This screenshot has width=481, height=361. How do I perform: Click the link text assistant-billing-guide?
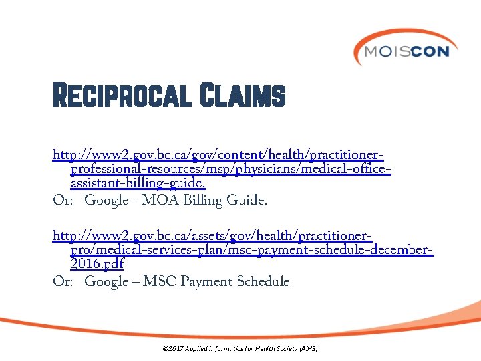(x=138, y=184)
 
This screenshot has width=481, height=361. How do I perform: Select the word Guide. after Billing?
(x=247, y=200)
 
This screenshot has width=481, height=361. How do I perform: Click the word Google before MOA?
(x=106, y=200)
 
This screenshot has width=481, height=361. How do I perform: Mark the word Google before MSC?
(x=106, y=281)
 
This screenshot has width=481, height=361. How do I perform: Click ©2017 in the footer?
(x=172, y=349)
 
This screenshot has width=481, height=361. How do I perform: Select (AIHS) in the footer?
(x=309, y=349)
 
